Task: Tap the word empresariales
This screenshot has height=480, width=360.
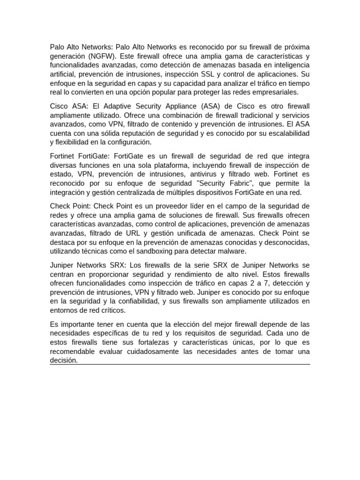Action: pyautogui.click(x=277, y=92)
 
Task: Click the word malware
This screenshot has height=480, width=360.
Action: pyautogui.click(x=232, y=251)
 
